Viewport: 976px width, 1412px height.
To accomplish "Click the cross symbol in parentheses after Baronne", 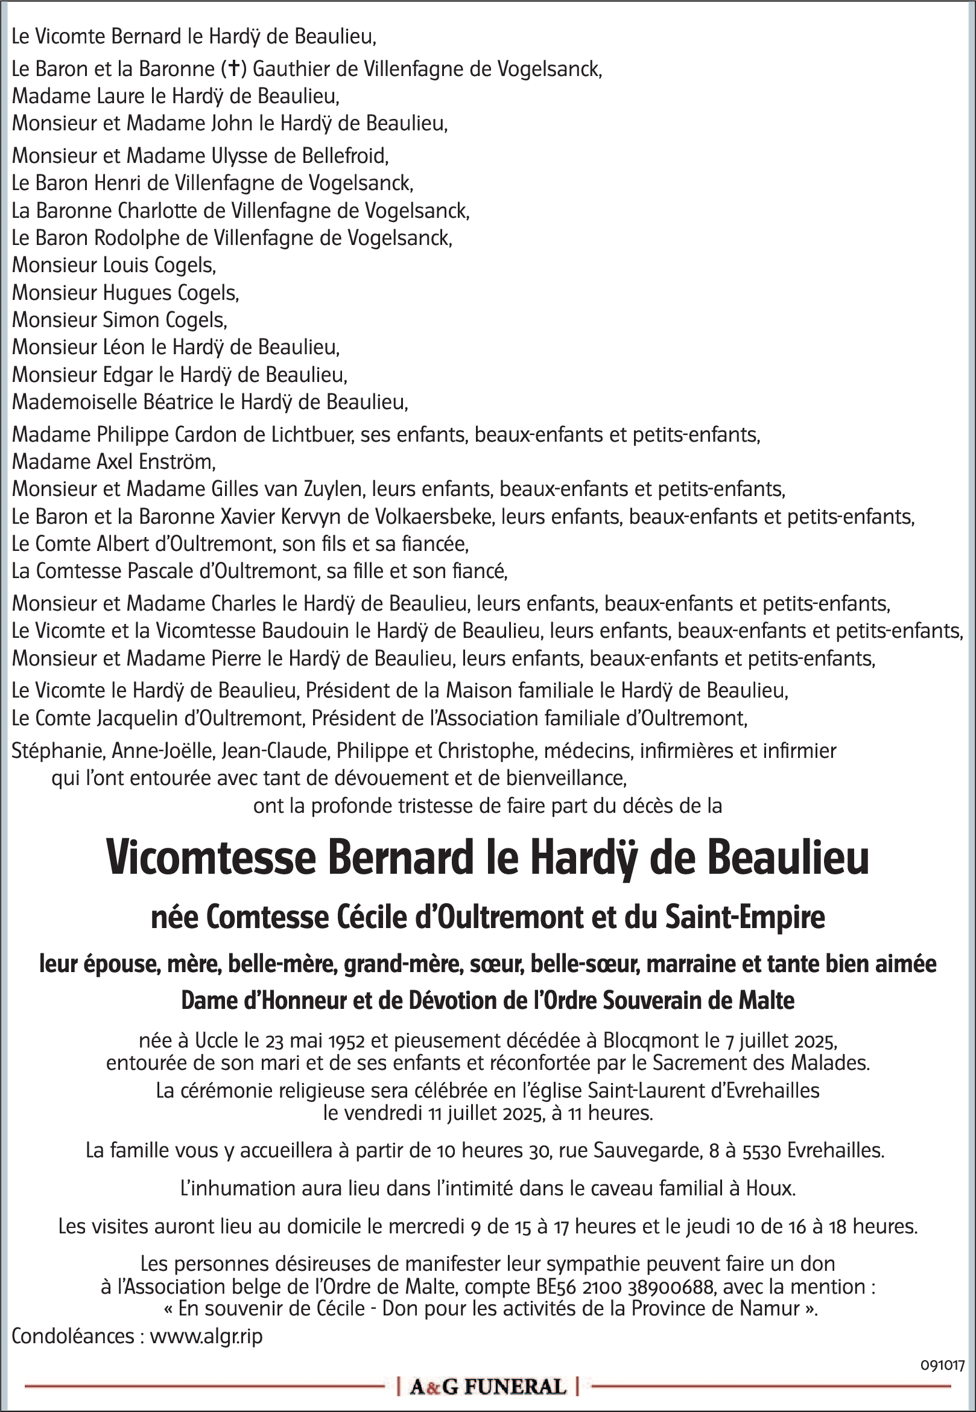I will [233, 69].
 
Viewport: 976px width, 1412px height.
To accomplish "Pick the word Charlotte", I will [157, 211].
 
